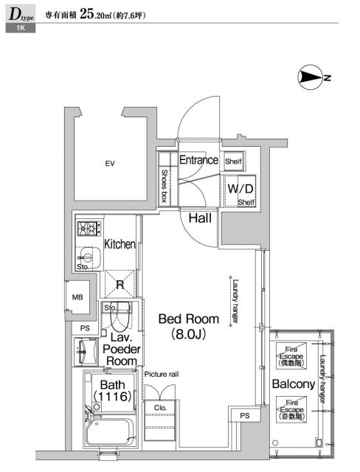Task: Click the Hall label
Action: coord(201,218)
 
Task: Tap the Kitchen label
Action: coord(119,244)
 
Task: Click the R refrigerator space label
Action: coord(119,282)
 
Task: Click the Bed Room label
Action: coord(189,319)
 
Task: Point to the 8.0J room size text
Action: coord(189,336)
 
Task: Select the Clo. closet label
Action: coord(160,407)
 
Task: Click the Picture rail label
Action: coord(162,375)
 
